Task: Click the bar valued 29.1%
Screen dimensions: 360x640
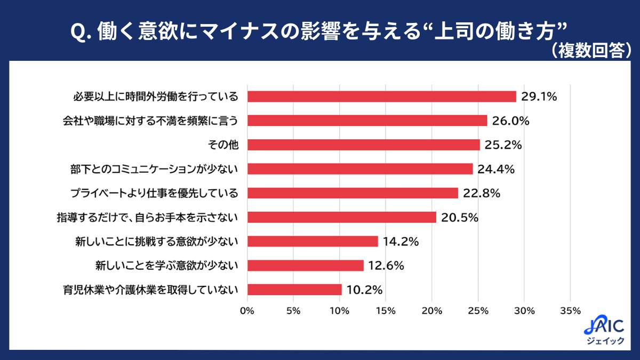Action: tap(382, 97)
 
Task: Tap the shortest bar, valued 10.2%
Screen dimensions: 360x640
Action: tap(294, 290)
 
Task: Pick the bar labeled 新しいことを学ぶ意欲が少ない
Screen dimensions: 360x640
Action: tap(306, 266)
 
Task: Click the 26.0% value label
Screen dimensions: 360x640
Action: tap(510, 121)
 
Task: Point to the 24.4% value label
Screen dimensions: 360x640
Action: tap(496, 169)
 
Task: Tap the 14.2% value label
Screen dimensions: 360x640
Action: tap(401, 242)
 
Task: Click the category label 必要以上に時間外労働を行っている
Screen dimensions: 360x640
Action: tap(155, 97)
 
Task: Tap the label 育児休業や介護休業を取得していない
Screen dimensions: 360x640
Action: tap(150, 290)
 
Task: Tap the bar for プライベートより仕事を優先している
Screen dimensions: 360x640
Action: tap(353, 193)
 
